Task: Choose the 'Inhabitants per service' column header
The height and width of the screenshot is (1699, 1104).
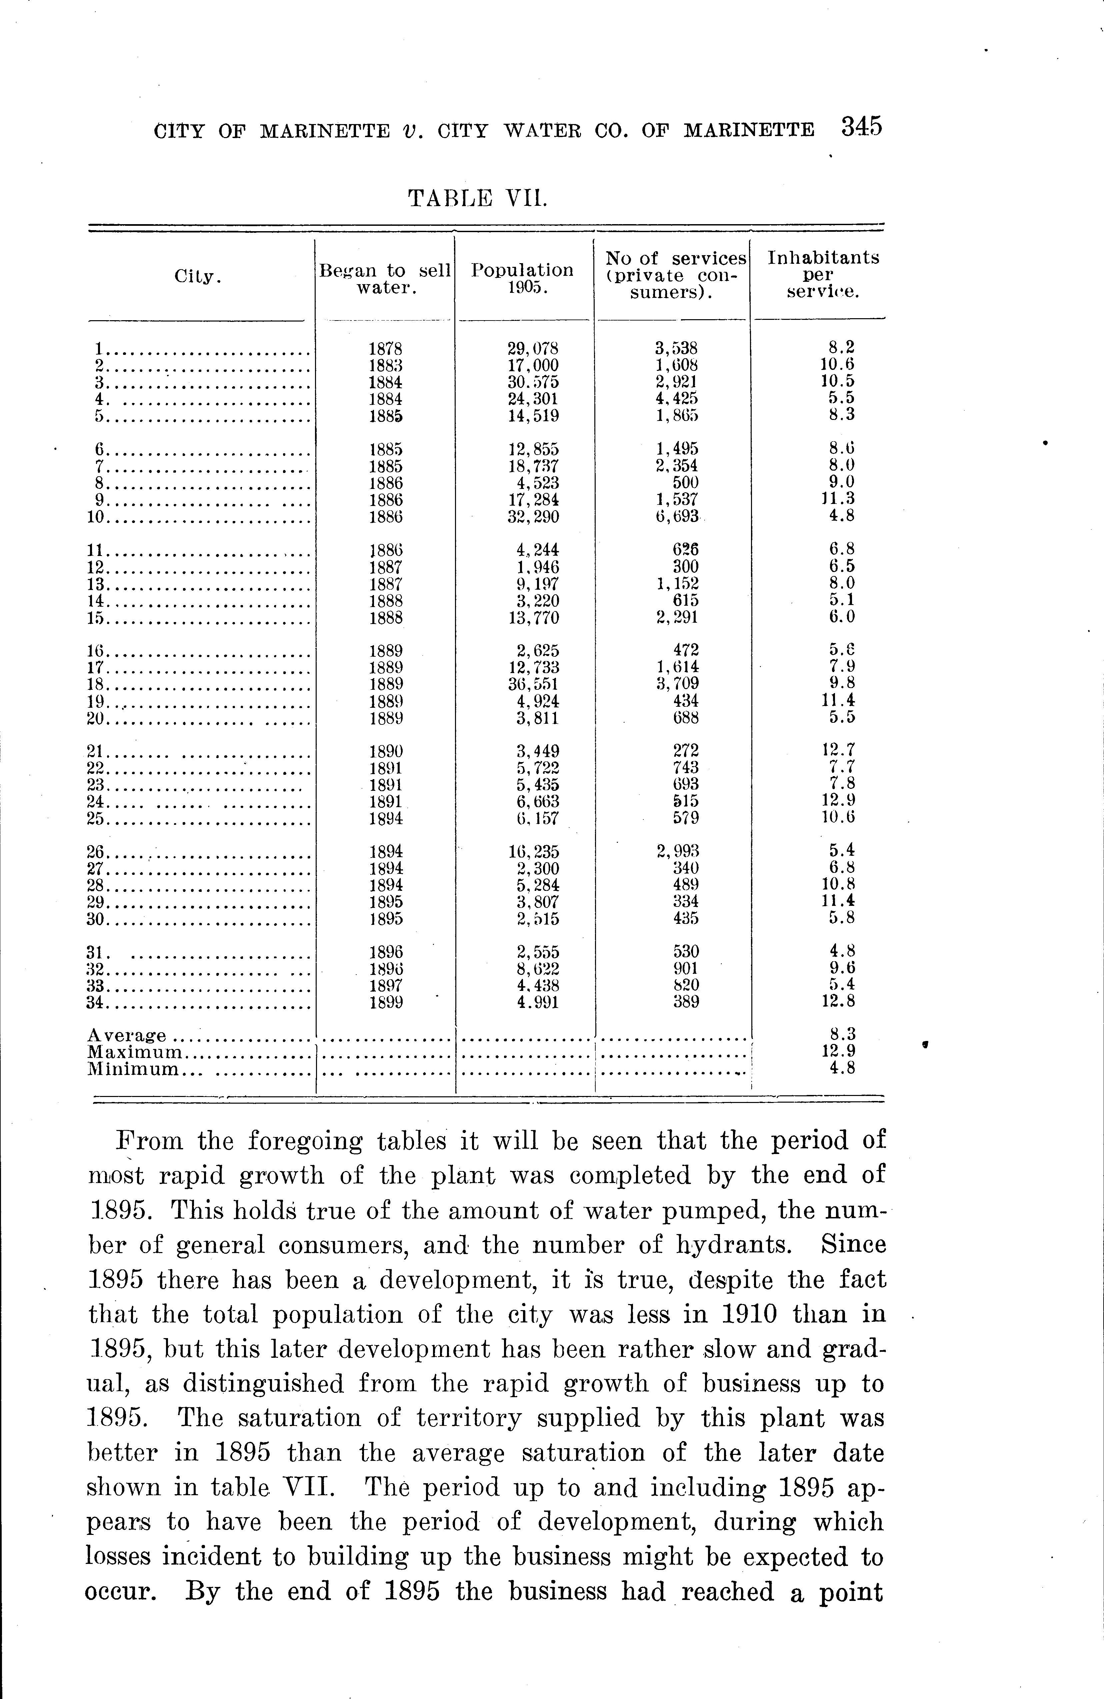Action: tap(823, 275)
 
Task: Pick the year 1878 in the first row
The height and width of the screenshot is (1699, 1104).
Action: tap(385, 349)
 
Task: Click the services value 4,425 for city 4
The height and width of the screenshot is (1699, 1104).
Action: tap(677, 398)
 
